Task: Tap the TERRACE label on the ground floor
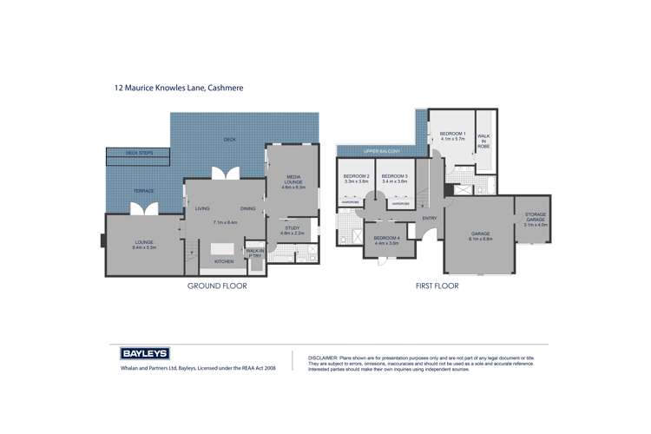[x=143, y=190]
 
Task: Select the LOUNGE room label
[x=143, y=245]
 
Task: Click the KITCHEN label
[x=224, y=261]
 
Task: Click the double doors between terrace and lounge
[x=141, y=210]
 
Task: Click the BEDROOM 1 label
[x=452, y=135]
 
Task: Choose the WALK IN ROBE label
[x=484, y=141]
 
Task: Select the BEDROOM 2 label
[x=356, y=179]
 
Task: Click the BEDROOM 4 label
[x=386, y=240]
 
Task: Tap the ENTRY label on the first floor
[x=429, y=218]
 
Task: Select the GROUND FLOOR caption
[x=217, y=286]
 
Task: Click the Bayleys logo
[x=144, y=354]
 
